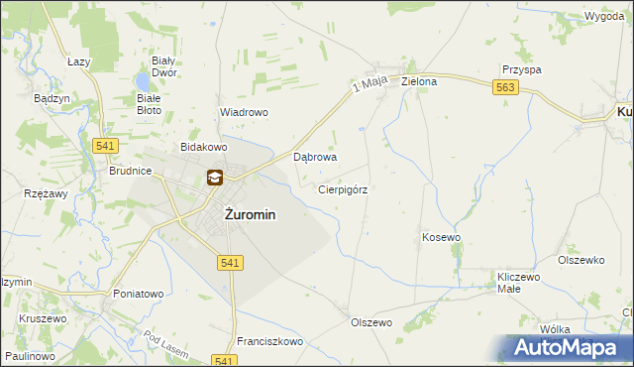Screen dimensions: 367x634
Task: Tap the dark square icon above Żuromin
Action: pos(214,179)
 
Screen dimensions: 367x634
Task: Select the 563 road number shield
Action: pos(505,87)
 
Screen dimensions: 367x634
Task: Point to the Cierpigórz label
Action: pos(344,188)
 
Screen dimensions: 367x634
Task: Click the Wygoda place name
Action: pos(603,18)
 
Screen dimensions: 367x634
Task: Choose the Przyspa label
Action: pos(521,70)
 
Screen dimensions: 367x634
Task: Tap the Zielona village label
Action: pos(419,81)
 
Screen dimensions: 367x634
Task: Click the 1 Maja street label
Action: pos(368,88)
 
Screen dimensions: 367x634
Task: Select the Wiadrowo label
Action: pos(244,113)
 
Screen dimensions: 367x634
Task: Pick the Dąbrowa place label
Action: pos(317,157)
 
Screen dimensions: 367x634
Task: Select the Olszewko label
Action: pos(581,260)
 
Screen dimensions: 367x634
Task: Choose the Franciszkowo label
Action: pos(270,341)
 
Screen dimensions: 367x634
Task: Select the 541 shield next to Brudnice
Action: pos(105,146)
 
